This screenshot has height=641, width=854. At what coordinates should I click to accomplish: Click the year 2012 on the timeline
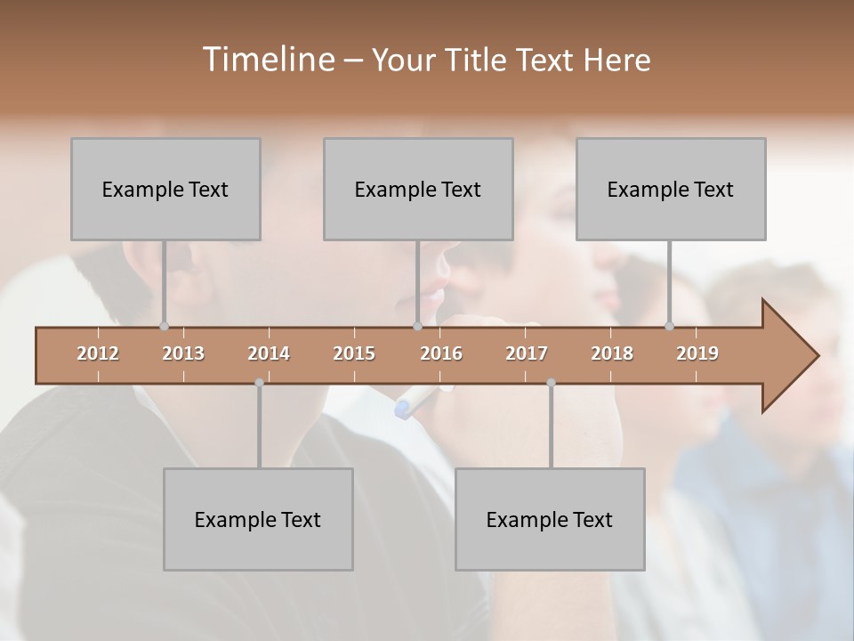(98, 353)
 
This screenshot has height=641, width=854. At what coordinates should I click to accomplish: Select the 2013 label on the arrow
(183, 353)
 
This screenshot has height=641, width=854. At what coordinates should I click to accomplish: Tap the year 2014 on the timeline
(269, 353)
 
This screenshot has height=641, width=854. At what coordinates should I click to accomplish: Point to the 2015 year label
(354, 353)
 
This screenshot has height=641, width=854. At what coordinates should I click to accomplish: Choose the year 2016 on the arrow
(441, 353)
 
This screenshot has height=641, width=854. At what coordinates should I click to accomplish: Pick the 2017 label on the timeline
(527, 353)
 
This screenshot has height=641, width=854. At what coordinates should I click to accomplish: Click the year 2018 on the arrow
(612, 353)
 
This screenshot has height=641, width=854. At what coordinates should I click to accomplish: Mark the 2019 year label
(697, 353)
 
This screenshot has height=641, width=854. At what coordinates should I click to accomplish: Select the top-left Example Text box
(165, 189)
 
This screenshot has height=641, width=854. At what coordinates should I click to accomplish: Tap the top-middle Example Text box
(418, 189)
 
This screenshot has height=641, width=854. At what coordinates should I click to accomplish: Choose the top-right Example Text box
(671, 189)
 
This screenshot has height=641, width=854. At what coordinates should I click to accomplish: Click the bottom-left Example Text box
(258, 519)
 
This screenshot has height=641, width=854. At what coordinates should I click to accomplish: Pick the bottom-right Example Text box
(550, 519)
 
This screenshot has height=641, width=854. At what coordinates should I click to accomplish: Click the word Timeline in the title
(267, 60)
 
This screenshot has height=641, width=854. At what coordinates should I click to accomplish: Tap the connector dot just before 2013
(164, 327)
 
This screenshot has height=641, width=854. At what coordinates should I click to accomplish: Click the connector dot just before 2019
(670, 327)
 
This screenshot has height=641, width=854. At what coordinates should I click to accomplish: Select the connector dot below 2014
(259, 383)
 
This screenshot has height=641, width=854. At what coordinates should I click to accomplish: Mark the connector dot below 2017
(551, 383)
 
